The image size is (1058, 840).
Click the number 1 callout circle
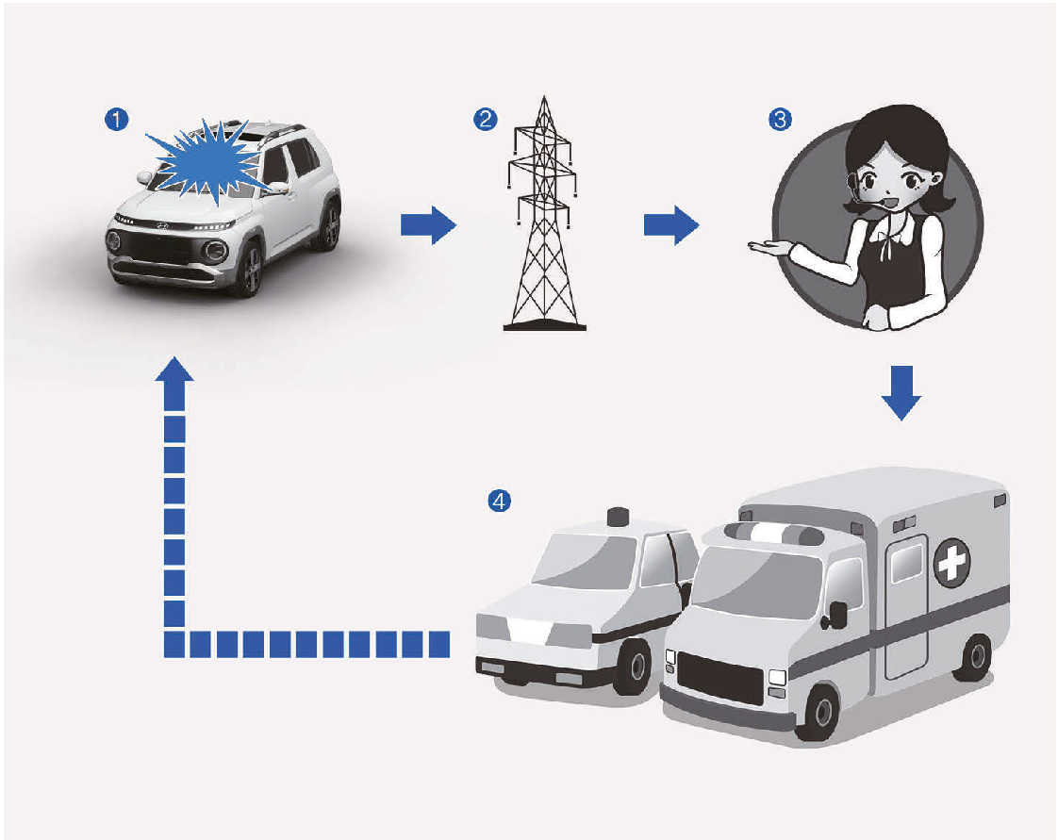[x=116, y=119]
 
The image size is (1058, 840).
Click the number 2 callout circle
[x=485, y=119]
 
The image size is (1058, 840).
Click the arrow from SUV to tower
[x=427, y=226]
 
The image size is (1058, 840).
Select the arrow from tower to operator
[x=670, y=226]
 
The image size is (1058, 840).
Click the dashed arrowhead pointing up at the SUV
[x=174, y=371]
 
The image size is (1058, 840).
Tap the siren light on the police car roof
[x=619, y=516]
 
